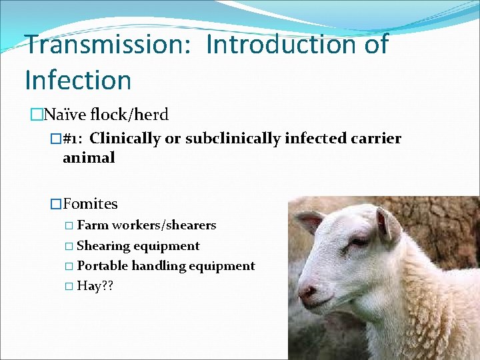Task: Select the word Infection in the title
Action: point(78,80)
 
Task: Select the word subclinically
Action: point(227,139)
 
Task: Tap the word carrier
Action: point(377,139)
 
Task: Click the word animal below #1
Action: point(89,158)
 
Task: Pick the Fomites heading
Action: point(90,204)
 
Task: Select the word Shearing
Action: point(104,246)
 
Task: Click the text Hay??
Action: point(95,286)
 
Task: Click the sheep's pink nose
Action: point(307,292)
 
